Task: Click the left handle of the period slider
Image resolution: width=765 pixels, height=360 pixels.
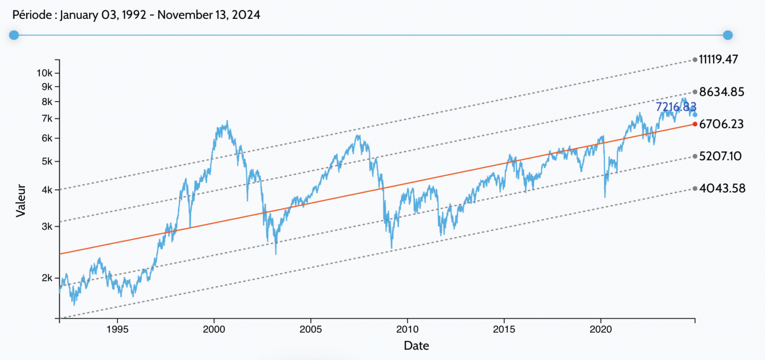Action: point(14,35)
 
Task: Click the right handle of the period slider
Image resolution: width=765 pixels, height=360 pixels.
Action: point(728,35)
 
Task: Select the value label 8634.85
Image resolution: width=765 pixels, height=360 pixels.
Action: point(721,92)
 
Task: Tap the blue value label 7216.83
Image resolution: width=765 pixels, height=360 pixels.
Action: point(675,107)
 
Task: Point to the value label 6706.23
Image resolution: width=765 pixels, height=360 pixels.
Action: point(721,124)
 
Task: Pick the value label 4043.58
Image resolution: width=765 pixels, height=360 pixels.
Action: point(722,188)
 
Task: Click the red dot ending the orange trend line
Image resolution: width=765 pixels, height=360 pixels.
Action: point(695,124)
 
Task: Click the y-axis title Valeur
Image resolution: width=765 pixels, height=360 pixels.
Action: point(20,202)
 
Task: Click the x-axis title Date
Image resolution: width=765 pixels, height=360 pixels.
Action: point(416,345)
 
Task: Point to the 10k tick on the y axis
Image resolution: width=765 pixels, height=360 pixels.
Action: point(45,73)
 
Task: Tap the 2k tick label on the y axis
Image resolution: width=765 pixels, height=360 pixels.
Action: point(47,278)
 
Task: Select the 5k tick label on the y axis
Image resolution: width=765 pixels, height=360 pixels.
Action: point(47,161)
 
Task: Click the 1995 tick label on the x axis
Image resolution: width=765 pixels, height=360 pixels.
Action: point(118,329)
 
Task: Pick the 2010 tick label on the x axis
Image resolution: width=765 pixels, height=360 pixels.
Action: point(407,329)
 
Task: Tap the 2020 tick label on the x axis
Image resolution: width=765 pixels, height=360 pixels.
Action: point(601,329)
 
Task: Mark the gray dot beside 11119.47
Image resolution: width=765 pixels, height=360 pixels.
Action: point(695,60)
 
